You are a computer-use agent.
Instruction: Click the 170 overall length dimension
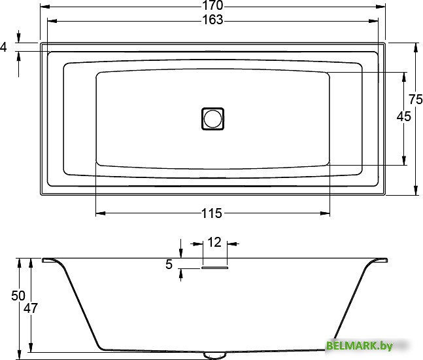pos(213,5)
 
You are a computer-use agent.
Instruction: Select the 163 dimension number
pos(213,20)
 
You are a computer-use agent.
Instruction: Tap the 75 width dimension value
pos(415,99)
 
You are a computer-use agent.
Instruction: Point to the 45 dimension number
pos(404,117)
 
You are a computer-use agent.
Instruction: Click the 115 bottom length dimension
pos(212,213)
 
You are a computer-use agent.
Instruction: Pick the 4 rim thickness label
pos(3,47)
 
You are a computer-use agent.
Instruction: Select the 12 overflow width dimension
pos(214,242)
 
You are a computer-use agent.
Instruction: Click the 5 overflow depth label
pos(169,264)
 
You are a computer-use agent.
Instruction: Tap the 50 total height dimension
pos(18,296)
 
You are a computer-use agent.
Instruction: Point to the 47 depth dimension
pos(31,308)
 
